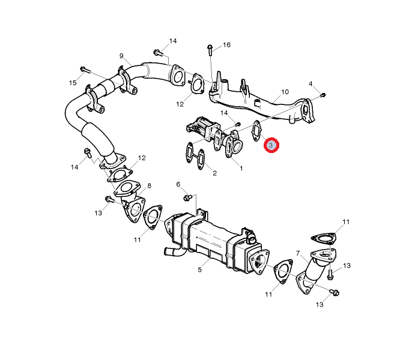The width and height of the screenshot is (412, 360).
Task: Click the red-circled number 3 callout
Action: coord(271,145)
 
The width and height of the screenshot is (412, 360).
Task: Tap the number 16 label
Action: coord(226,45)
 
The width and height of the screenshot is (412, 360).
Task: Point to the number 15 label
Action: coord(73,82)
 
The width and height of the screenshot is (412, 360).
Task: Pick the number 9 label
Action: coord(121,56)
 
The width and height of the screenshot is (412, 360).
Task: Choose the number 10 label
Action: coord(285,92)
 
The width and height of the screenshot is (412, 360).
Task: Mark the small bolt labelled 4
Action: coord(323,94)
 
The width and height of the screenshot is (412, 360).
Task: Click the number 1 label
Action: coord(241,169)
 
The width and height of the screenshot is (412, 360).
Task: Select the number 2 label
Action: coord(214,173)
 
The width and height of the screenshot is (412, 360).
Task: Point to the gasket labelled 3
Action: coord(257,132)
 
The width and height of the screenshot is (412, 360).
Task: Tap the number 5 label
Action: coord(199,269)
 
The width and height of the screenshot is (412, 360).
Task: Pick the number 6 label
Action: coord(178,184)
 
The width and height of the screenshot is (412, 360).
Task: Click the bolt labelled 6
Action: coord(187,197)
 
